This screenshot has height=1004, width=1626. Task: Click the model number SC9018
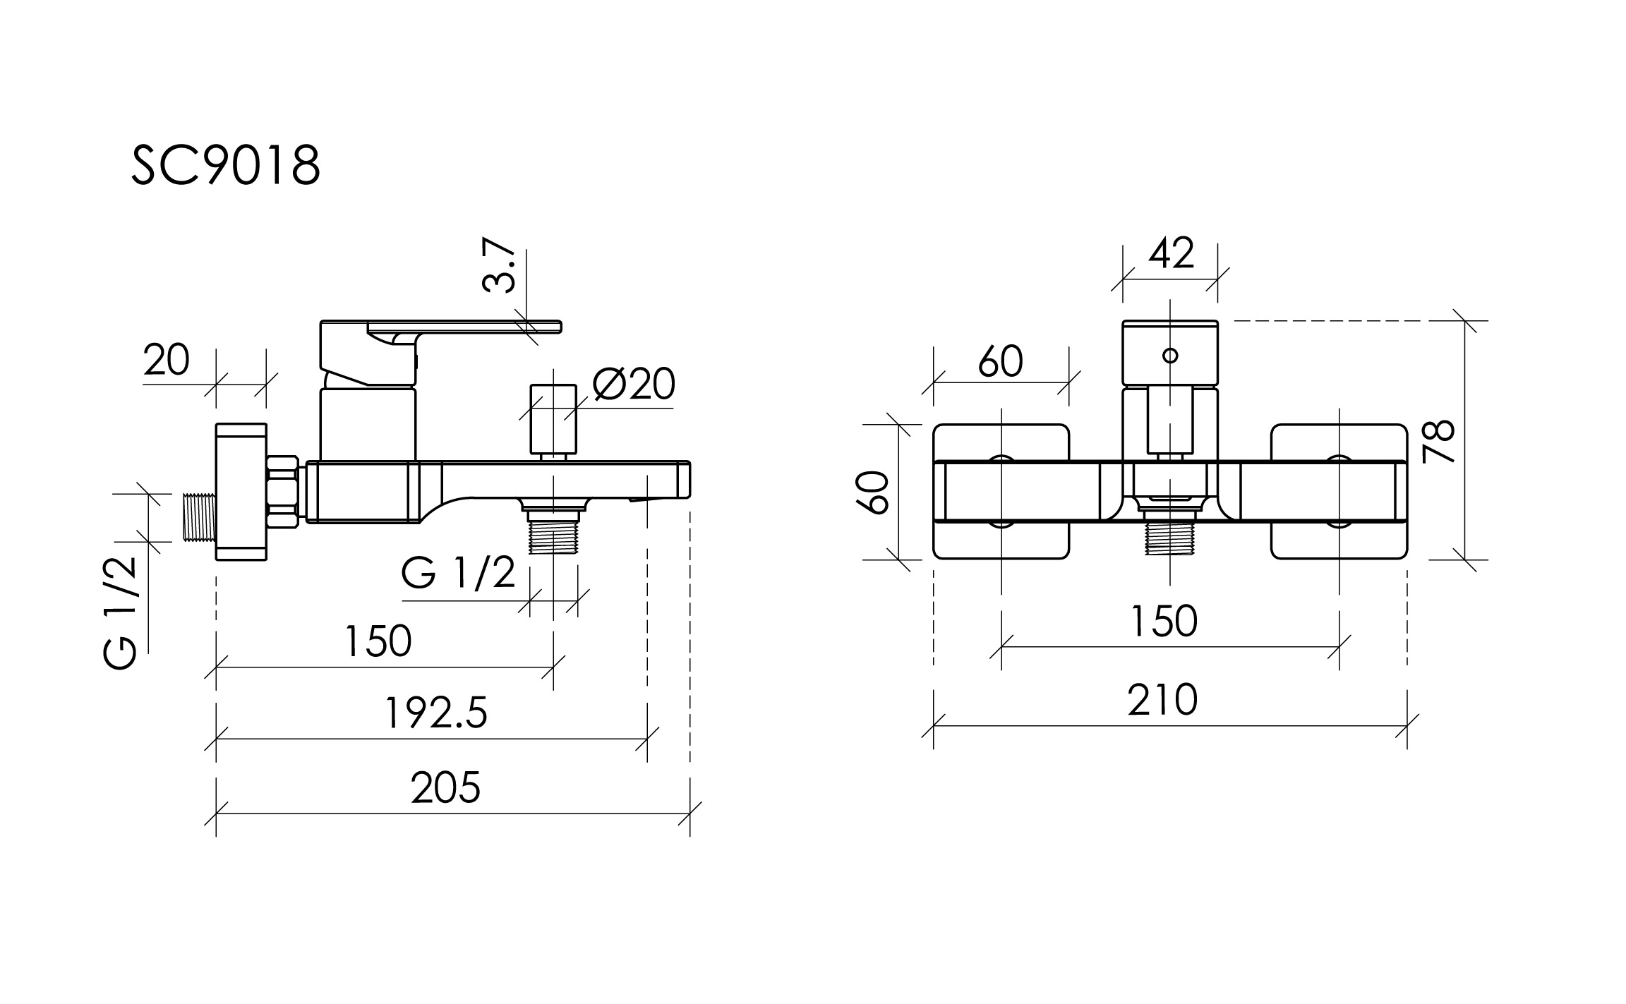pyautogui.click(x=226, y=166)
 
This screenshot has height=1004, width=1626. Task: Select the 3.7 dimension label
pyautogui.click(x=499, y=265)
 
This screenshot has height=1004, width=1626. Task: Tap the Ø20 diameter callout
pyautogui.click(x=634, y=385)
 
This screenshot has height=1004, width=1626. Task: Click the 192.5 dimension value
pyautogui.click(x=436, y=713)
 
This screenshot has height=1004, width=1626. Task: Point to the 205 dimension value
pyautogui.click(x=445, y=787)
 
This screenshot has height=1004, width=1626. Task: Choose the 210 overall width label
pyautogui.click(x=1162, y=700)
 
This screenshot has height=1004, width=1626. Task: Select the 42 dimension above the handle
pyautogui.click(x=1171, y=253)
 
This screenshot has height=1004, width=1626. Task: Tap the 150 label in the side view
pyautogui.click(x=378, y=641)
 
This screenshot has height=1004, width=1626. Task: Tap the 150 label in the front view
pyautogui.click(x=1164, y=621)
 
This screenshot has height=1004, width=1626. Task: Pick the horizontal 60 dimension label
pyautogui.click(x=1000, y=362)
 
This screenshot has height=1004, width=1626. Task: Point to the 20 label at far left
pyautogui.click(x=167, y=361)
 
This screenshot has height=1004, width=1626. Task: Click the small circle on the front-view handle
pyautogui.click(x=1170, y=355)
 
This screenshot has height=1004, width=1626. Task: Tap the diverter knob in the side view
pyautogui.click(x=553, y=420)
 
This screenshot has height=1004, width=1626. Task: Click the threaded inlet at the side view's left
pyautogui.click(x=199, y=518)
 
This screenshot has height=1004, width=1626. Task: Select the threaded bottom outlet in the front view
pyautogui.click(x=1169, y=538)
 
